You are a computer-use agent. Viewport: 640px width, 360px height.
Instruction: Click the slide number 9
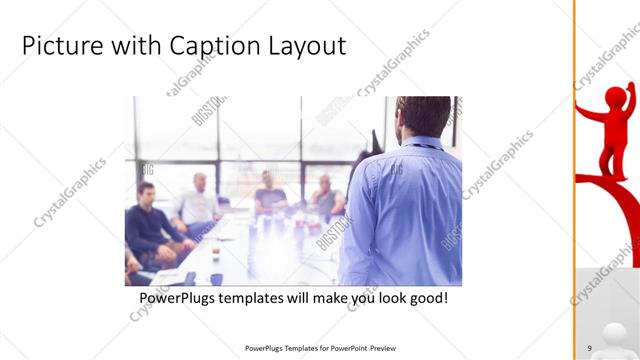[590, 348]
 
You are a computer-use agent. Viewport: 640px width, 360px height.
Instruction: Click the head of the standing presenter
[419, 117]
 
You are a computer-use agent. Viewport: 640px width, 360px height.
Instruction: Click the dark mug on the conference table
[216, 279]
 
